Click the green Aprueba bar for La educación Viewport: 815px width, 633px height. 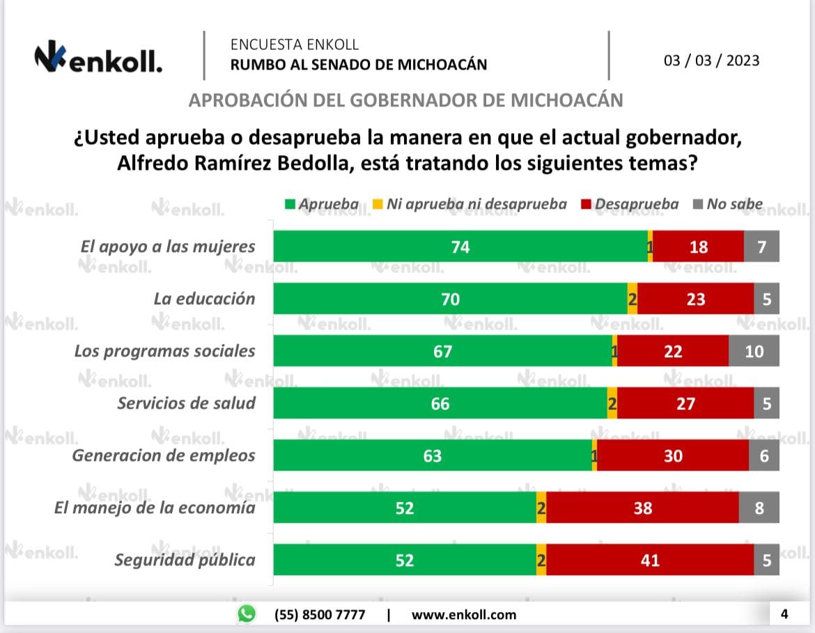(450, 299)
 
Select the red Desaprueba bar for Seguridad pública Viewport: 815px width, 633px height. (650, 560)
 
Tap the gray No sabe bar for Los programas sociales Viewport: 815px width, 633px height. (754, 351)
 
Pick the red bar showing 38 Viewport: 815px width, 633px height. (642, 508)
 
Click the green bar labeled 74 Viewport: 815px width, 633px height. (460, 247)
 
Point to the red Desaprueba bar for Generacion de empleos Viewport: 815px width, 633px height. (673, 455)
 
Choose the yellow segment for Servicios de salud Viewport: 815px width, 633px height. (612, 403)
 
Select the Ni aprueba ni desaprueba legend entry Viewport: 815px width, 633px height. (470, 204)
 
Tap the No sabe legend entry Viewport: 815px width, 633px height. (728, 204)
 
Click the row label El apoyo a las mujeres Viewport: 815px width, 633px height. (166, 247)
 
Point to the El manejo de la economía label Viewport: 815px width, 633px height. (155, 508)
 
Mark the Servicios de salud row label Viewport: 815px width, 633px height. (186, 403)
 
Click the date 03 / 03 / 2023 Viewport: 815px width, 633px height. (711, 61)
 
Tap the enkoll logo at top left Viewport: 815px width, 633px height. (98, 60)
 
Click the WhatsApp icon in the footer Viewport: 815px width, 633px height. (247, 614)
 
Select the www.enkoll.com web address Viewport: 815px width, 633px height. (464, 614)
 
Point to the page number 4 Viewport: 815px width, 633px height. (784, 614)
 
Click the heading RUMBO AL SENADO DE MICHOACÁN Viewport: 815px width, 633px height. (359, 65)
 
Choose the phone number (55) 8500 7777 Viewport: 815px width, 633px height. (320, 614)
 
